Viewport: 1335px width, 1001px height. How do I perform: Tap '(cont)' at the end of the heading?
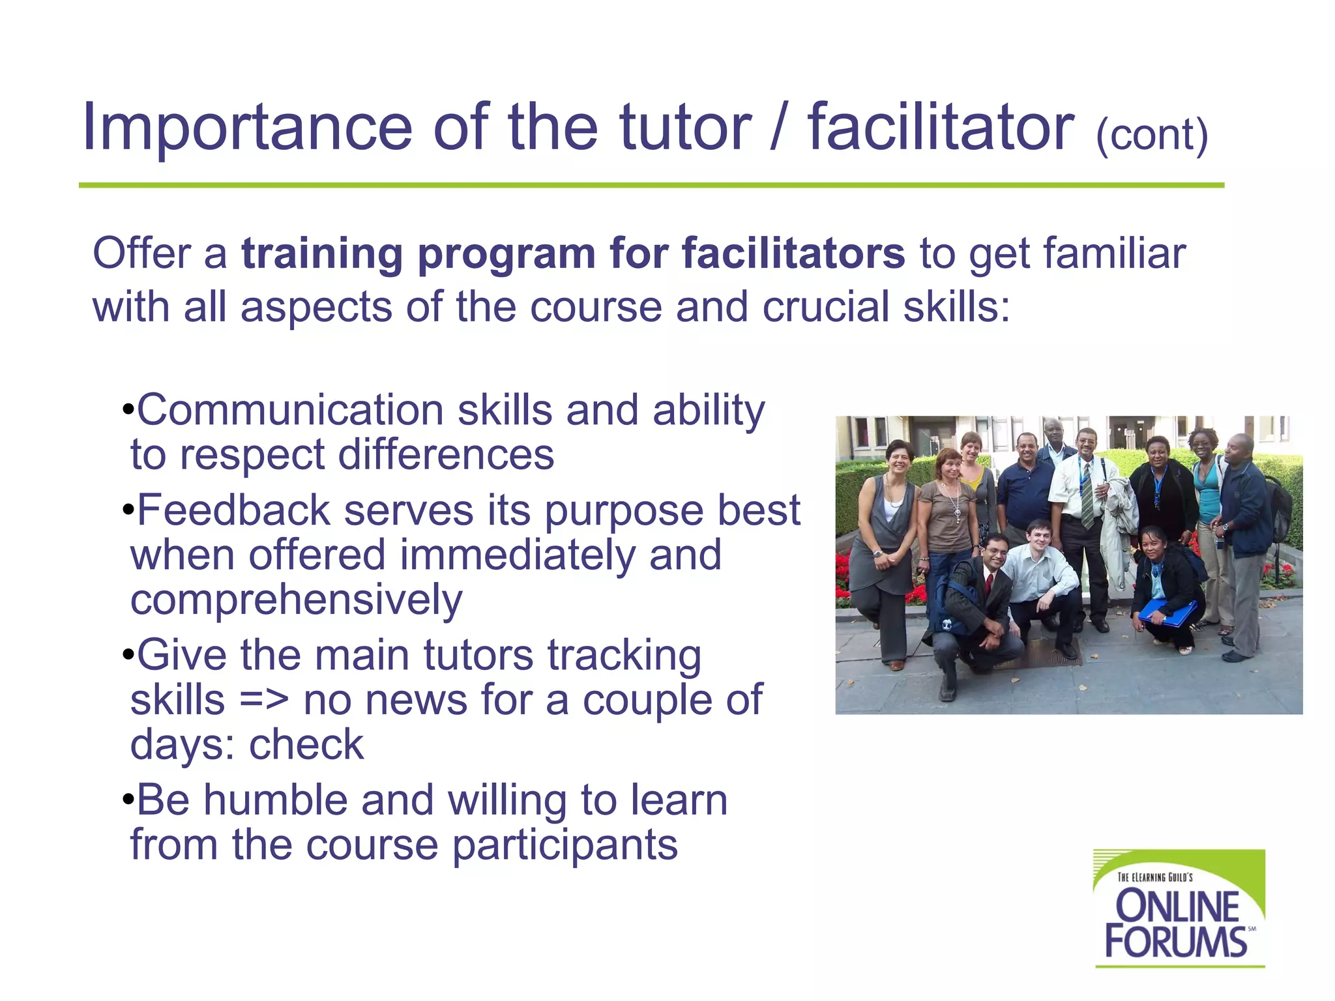click(x=1152, y=135)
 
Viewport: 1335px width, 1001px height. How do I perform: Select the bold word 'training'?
click(x=322, y=254)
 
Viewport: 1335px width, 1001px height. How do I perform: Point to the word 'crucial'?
click(x=825, y=307)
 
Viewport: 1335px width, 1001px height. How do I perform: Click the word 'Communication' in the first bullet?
click(x=289, y=411)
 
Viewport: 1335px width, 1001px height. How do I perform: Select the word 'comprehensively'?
click(x=297, y=600)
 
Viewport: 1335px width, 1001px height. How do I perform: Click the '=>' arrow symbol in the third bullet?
click(x=263, y=700)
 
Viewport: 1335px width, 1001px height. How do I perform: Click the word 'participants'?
click(x=565, y=845)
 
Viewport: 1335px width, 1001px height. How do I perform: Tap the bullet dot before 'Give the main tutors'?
click(x=128, y=655)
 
